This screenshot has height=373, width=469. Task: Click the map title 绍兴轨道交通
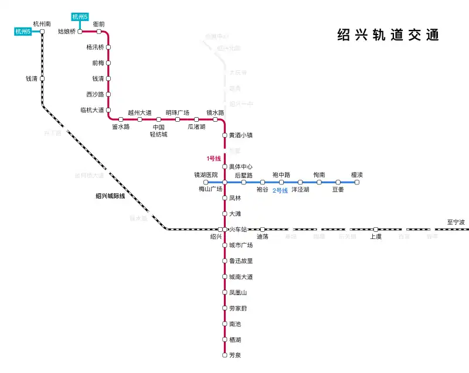click(388, 35)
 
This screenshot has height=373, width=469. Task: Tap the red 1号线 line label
click(213, 159)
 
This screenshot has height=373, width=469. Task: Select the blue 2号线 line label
click(280, 191)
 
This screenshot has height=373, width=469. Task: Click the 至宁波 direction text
click(456, 223)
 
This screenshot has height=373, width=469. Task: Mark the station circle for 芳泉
click(225, 355)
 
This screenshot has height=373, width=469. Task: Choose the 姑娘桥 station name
click(66, 32)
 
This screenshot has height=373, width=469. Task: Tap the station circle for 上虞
click(376, 229)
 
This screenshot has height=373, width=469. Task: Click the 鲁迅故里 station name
click(241, 261)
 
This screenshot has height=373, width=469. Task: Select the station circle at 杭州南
click(42, 32)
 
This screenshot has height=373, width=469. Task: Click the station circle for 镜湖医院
click(206, 182)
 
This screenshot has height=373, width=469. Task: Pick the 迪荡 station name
click(263, 237)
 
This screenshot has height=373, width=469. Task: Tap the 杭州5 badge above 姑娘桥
click(80, 16)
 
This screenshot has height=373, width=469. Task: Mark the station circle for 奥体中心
click(225, 166)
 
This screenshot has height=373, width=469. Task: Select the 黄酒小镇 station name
click(241, 135)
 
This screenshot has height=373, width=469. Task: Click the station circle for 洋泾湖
click(300, 182)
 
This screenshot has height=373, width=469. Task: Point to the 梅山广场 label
click(210, 189)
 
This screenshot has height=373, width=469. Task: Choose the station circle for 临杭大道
click(108, 109)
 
